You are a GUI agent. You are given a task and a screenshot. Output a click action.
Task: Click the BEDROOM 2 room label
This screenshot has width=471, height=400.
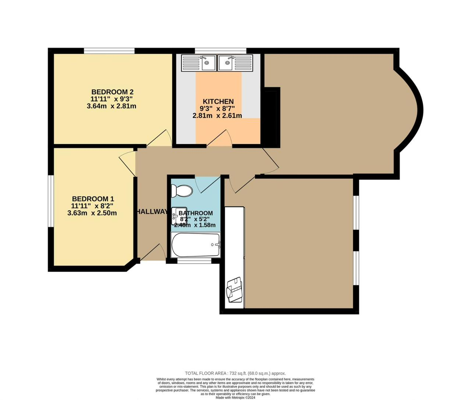(112, 92)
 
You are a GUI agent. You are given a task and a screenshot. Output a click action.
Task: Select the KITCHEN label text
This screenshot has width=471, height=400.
(218, 101)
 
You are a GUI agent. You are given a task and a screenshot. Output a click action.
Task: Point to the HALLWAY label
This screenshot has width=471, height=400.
(152, 211)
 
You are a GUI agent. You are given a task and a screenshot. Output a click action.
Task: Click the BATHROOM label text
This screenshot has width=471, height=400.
(196, 213)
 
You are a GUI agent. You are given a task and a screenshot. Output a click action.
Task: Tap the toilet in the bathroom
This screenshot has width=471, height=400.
(182, 191)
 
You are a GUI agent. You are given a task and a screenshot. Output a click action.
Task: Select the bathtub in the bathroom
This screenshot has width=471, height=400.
(196, 245)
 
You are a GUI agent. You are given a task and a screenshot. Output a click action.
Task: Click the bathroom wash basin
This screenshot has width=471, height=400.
(178, 216)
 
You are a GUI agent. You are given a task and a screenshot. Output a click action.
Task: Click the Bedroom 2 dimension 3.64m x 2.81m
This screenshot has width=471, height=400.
(111, 106)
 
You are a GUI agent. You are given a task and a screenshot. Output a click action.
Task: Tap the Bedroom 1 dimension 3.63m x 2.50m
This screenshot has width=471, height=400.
(92, 213)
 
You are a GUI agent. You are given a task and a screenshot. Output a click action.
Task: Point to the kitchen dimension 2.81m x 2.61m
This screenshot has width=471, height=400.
(217, 115)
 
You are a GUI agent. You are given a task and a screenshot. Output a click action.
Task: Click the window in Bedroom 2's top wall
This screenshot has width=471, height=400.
(109, 51)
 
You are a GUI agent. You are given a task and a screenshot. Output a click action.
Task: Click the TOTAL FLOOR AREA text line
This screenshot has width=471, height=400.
(235, 373)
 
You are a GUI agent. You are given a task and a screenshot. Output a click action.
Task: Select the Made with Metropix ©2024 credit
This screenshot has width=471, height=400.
(235, 397)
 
